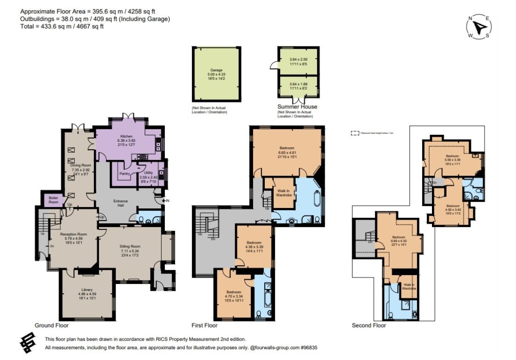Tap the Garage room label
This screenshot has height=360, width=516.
point(216,70)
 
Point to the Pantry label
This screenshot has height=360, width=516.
point(124,174)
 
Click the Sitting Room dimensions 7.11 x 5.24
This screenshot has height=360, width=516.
point(130,251)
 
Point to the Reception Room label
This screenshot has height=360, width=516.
point(73,234)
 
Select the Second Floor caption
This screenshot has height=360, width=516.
point(369,325)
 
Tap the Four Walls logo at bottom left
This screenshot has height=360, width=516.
point(28,342)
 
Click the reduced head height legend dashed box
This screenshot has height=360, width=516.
point(354,133)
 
